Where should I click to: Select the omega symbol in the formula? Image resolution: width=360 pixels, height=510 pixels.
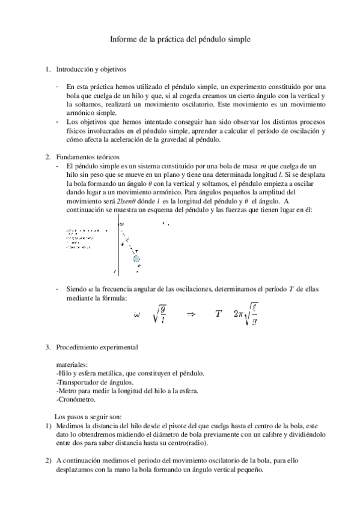pos(136,313)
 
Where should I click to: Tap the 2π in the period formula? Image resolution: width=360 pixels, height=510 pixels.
pos(239,314)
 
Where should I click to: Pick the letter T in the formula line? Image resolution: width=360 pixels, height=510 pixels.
pos(219,313)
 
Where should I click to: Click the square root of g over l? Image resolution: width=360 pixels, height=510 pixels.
pos(161,313)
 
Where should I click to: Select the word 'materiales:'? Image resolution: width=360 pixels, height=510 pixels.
pos(72,364)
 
